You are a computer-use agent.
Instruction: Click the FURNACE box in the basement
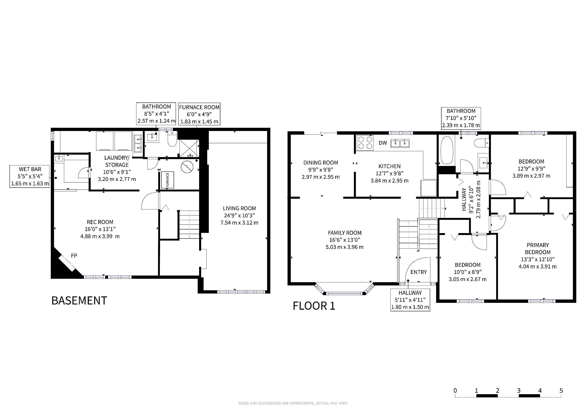pos(167,180)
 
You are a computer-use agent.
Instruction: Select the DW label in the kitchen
pos(383,143)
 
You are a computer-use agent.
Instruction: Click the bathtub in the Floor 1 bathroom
pos(446,150)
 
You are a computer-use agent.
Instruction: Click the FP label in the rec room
pos(74,256)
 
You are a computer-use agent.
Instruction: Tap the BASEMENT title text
pos(79,301)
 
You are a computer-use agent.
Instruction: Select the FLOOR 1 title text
pos(314,306)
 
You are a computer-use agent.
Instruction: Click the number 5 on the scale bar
pos(561,391)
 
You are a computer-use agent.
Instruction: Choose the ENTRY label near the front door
pos(419,272)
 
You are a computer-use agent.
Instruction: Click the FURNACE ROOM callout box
pos(199,114)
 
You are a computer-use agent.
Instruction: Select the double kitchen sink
pos(400,143)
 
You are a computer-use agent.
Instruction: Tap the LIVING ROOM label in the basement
pos(239,208)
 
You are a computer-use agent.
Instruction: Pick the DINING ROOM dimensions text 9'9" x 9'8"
pos(321,170)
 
